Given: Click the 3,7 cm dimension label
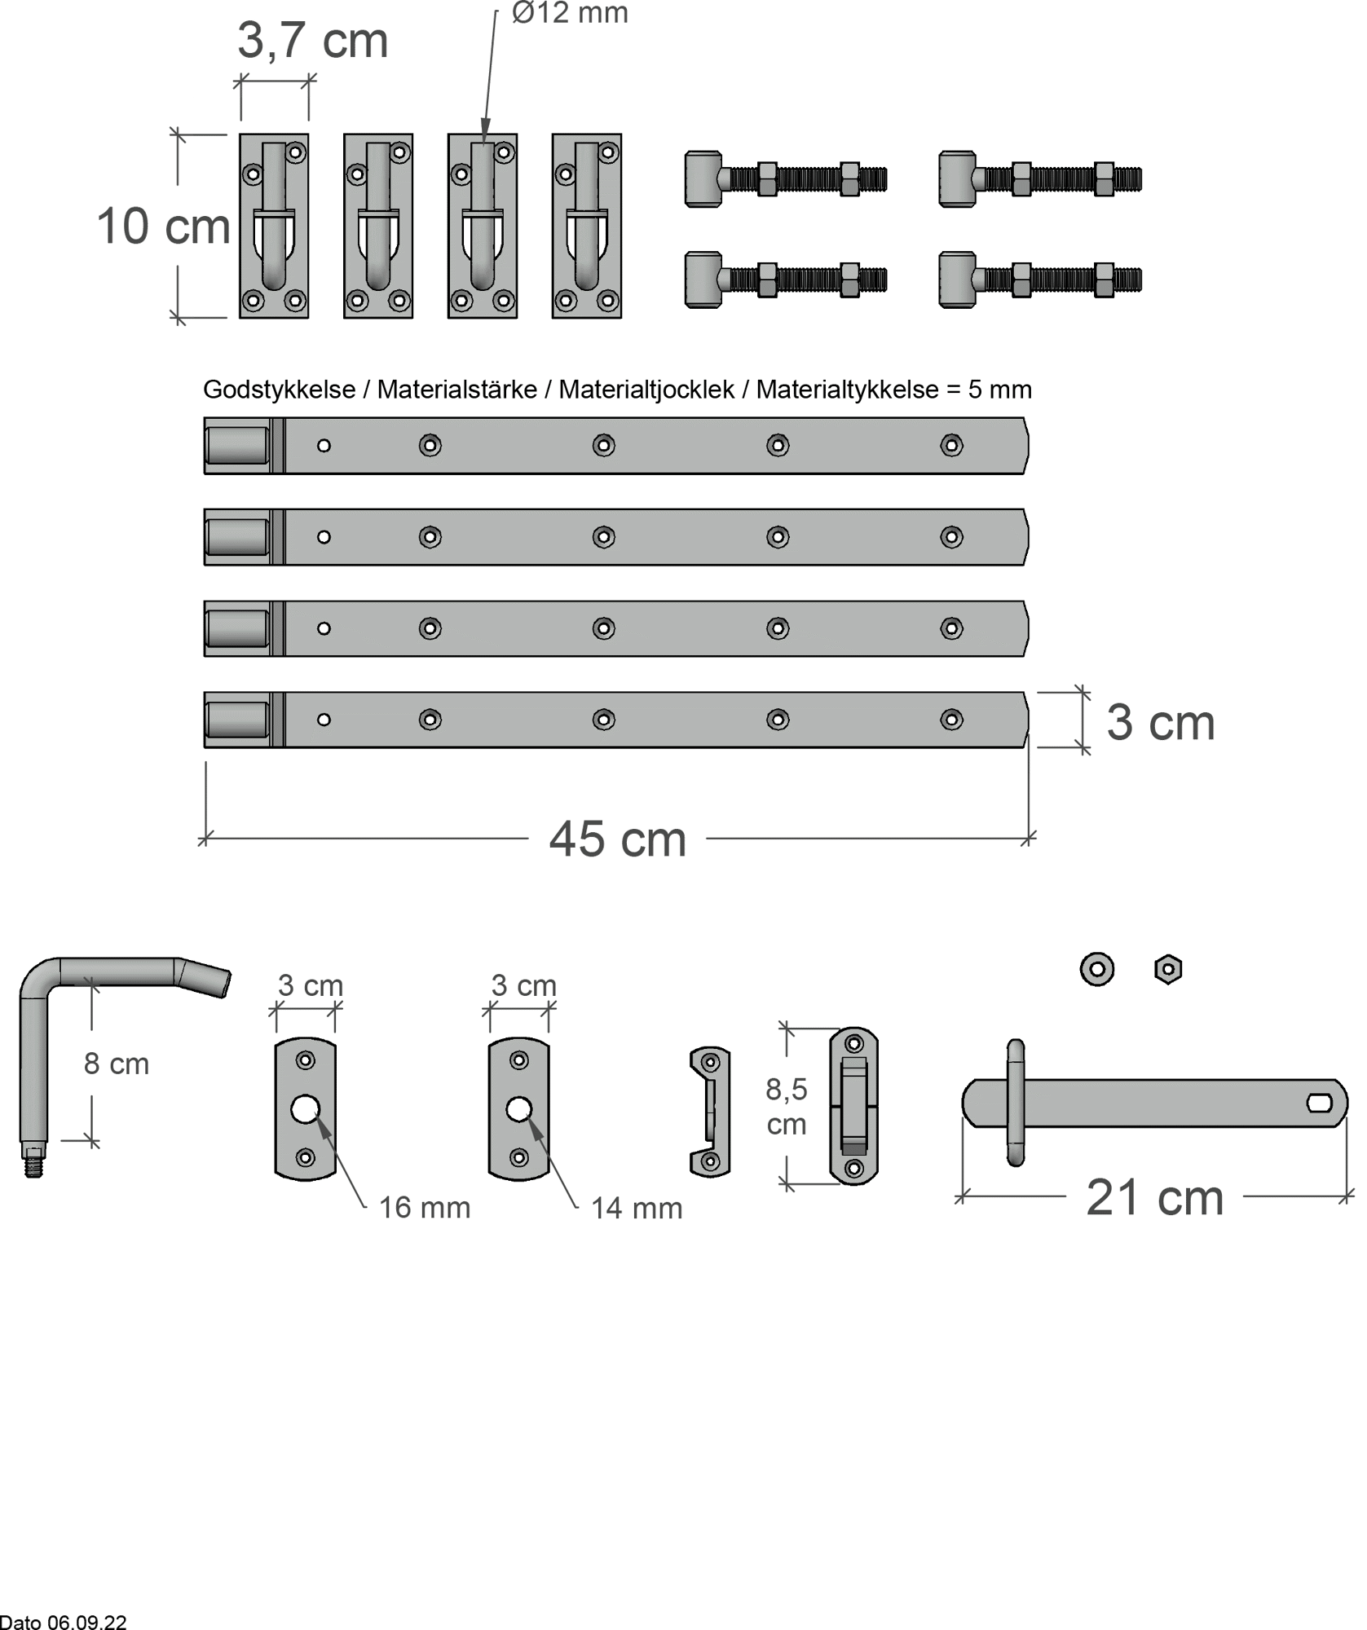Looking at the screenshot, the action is [312, 41].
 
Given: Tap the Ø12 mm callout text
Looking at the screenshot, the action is [570, 12].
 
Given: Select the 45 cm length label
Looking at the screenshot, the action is [618, 839].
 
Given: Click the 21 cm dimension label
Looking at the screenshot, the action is [1155, 1197].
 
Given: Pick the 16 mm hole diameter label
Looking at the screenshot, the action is [425, 1208].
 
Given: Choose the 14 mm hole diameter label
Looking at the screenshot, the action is [637, 1209].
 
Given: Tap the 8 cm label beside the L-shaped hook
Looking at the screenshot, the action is [117, 1064].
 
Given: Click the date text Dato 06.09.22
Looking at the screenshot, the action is [64, 1622].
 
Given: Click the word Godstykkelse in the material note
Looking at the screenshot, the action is [279, 390].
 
